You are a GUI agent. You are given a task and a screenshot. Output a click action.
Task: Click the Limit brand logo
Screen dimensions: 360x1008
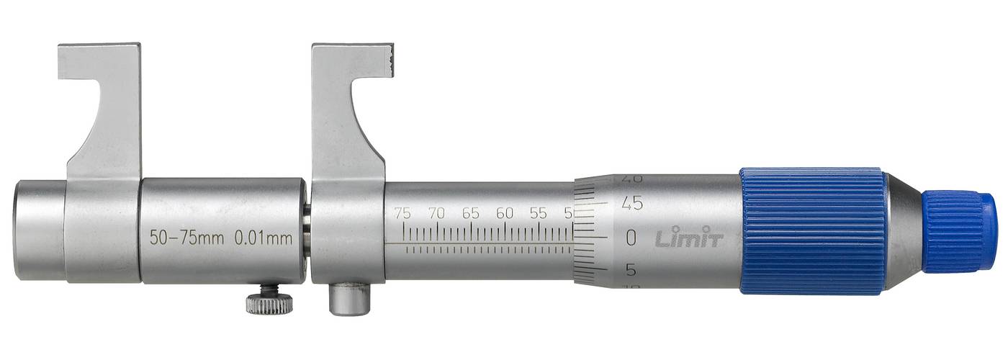point(688,238)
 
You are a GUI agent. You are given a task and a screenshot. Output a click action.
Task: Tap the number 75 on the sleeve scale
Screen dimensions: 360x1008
point(403,213)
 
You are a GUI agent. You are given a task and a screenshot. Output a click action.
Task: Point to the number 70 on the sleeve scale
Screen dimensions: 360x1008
point(436,213)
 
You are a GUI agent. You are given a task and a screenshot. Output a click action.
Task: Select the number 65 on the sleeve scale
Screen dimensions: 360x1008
point(471,213)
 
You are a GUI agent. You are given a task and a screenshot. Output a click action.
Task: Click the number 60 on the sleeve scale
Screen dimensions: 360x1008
point(505,213)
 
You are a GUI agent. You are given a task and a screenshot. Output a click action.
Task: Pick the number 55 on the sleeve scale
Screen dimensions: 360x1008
point(538,213)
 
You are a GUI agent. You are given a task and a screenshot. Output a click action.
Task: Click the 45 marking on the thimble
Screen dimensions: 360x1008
point(632,204)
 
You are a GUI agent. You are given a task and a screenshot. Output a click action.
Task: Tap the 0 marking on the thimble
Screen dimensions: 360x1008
point(631,237)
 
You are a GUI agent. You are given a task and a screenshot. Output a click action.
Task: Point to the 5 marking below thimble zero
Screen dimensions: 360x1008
point(631,270)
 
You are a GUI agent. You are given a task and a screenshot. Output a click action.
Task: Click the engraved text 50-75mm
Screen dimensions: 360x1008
point(186,238)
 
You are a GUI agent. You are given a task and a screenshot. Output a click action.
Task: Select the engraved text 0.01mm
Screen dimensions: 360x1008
point(264,238)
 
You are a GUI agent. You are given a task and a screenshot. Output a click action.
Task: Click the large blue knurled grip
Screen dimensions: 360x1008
point(812,231)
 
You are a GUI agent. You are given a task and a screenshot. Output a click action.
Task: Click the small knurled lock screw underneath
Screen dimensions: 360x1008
point(269,302)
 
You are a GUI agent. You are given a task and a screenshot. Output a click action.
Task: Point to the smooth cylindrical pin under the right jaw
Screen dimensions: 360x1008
point(350,299)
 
